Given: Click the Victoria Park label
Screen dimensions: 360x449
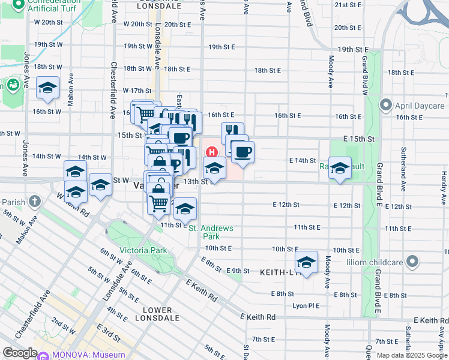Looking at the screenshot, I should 143,250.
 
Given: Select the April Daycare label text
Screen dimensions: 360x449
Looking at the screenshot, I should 418,106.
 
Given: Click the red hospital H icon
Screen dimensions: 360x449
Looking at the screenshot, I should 210,151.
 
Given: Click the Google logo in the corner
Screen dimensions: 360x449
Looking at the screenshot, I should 20,353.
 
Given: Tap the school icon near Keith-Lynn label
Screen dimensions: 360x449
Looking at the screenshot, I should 306,263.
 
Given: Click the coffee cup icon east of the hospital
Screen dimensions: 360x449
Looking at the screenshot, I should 243,152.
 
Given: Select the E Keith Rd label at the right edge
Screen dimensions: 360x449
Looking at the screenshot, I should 430,321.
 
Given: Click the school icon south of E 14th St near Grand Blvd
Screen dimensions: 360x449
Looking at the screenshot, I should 340,169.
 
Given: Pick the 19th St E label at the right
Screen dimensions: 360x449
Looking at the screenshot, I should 353,49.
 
